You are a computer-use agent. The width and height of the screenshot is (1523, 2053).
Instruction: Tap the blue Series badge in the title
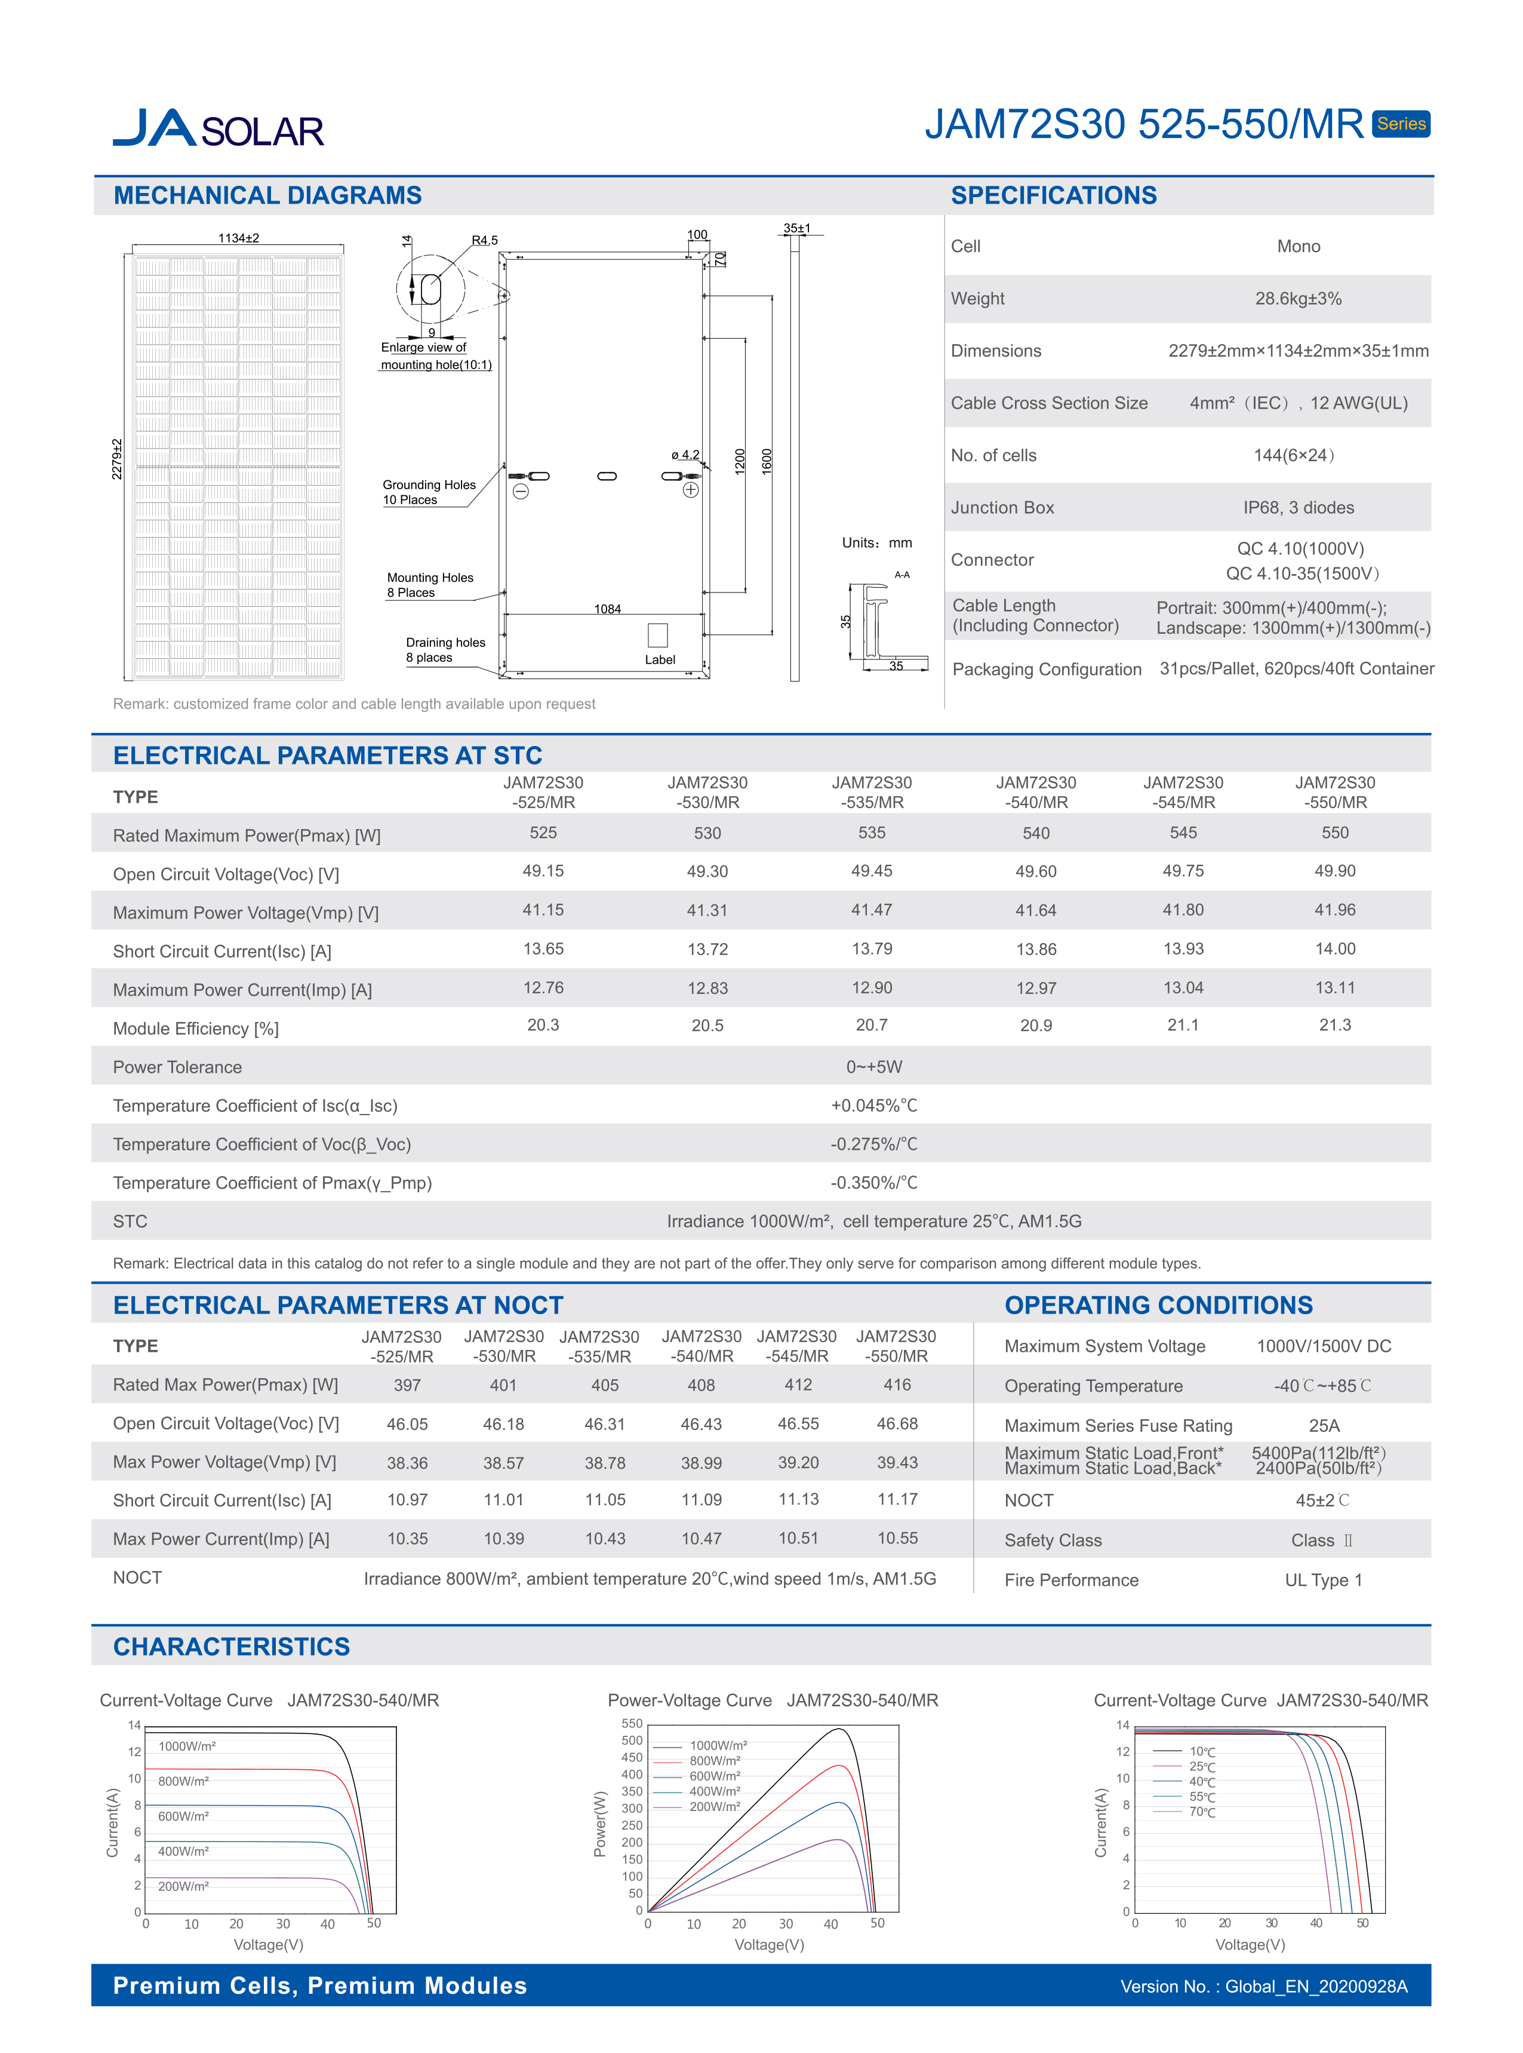coord(1401,124)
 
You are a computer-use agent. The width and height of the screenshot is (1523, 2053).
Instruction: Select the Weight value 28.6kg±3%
coord(1298,299)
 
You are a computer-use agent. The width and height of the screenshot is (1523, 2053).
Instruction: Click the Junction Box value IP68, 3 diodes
coord(1298,507)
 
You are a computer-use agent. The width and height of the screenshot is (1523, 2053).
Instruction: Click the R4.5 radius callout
coord(485,241)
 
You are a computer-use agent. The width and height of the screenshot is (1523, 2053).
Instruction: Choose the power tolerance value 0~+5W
coord(874,1067)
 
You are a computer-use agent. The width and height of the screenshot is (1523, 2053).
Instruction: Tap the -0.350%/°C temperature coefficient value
coord(874,1182)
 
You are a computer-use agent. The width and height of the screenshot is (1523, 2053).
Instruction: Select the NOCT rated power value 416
coord(896,1385)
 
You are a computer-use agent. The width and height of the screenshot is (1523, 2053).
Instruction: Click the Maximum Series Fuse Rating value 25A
coord(1324,1426)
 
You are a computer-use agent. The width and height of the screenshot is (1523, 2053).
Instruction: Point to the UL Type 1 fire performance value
coord(1323,1580)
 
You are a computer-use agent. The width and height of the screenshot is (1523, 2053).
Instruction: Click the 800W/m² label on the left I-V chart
coord(183,1781)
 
